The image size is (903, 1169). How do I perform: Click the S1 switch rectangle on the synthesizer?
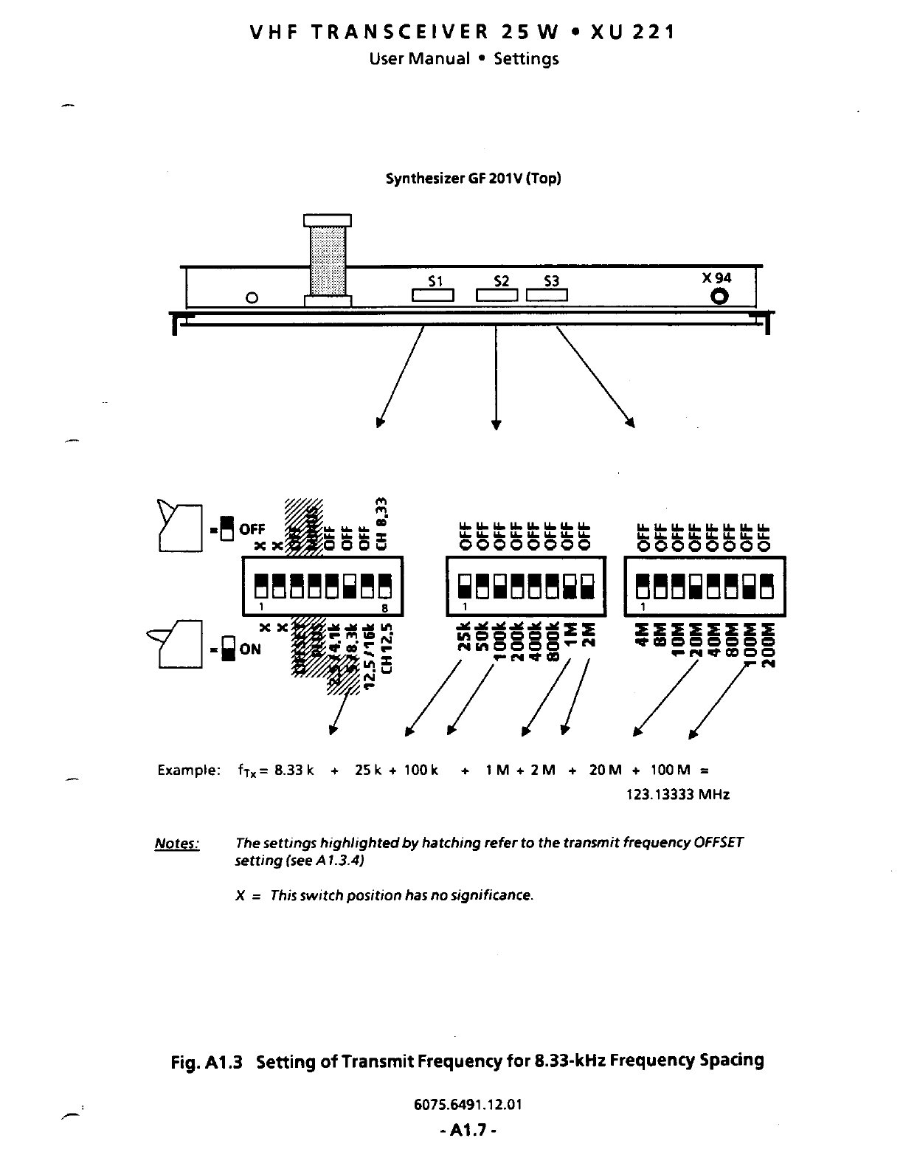tap(433, 296)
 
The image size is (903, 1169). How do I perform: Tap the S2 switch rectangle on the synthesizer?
tap(499, 296)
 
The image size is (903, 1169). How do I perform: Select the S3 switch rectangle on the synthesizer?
tap(547, 296)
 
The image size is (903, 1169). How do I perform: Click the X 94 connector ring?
tap(719, 297)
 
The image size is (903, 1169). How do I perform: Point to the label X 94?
tap(716, 277)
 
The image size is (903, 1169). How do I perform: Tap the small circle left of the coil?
tap(252, 297)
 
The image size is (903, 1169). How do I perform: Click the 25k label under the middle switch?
tap(465, 637)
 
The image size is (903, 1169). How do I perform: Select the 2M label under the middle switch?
tap(588, 635)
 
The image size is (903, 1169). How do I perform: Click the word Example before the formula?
tap(188, 770)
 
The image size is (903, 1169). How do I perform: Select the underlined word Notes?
tap(176, 844)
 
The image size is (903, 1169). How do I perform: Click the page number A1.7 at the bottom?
tap(465, 1130)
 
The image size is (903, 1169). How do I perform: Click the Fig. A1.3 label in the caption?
tap(207, 1061)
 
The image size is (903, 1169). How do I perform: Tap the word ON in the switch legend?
tap(250, 649)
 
